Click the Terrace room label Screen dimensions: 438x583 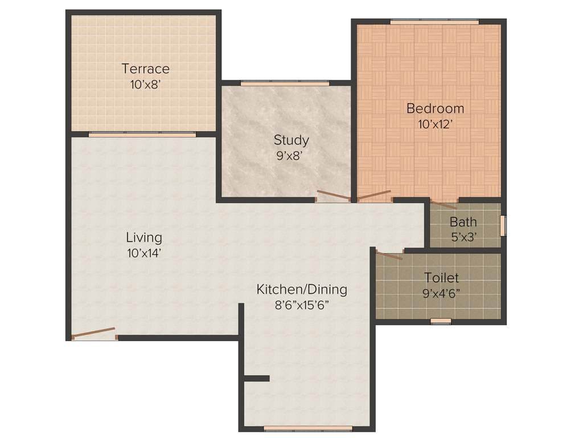[x=146, y=69]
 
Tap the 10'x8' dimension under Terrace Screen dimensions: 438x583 [x=146, y=84]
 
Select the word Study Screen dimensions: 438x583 [x=291, y=140]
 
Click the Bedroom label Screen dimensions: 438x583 [x=435, y=108]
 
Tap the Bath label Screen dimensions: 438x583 [x=463, y=222]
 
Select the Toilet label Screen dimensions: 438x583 [x=441, y=278]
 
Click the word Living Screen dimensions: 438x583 [x=144, y=237]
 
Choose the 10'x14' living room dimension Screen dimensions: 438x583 [x=144, y=253]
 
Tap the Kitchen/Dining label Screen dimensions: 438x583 [x=301, y=290]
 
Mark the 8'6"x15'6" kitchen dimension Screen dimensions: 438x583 [x=301, y=305]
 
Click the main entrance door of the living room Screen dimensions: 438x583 [x=95, y=333]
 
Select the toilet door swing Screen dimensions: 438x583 [x=389, y=255]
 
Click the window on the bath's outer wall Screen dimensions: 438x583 [x=503, y=225]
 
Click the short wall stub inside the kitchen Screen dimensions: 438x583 [x=256, y=378]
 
